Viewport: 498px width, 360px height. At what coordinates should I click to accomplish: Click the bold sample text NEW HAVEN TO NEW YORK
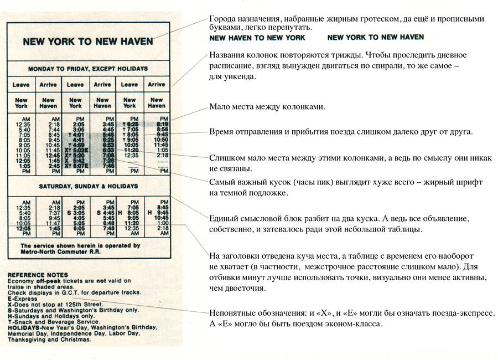coord(257,38)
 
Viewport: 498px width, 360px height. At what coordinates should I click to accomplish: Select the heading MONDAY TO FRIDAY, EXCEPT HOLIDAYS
coord(88,69)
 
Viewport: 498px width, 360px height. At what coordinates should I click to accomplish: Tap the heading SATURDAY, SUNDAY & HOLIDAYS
coord(88,186)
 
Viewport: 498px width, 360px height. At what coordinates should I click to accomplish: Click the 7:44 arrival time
coord(48,130)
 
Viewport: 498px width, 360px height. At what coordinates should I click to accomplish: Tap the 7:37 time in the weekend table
coord(48,213)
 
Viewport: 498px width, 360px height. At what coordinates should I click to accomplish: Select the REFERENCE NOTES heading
coord(38,275)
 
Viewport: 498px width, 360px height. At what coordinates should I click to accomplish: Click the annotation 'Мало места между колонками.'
coord(267,107)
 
